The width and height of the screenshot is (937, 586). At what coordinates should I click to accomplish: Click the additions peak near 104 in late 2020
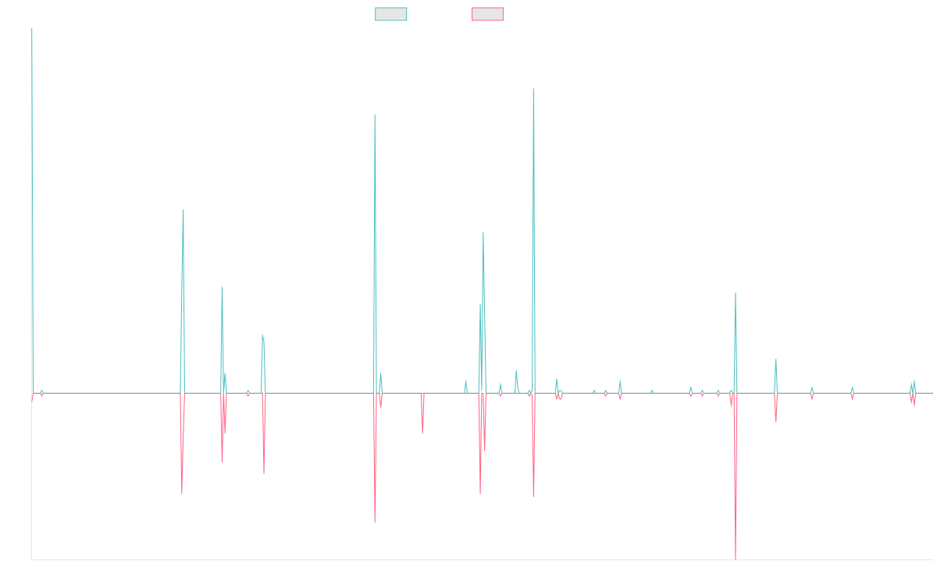pos(533,89)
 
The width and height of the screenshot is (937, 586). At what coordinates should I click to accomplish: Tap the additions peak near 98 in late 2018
pos(375,115)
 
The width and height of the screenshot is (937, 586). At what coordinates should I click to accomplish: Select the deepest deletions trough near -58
pos(736,559)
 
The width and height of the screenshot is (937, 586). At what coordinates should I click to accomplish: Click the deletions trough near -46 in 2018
pos(375,522)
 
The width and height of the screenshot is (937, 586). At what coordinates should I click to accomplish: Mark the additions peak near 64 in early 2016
pos(183,209)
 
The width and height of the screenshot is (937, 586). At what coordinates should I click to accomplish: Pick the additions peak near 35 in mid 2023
pos(736,293)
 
